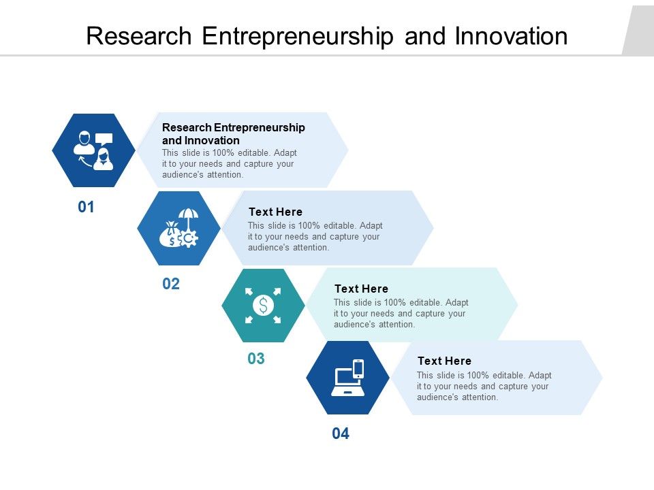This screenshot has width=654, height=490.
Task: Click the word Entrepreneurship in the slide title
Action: tap(298, 36)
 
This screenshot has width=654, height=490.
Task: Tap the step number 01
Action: tap(86, 207)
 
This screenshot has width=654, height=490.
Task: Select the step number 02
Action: tap(171, 284)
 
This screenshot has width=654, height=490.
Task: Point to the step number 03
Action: tap(256, 359)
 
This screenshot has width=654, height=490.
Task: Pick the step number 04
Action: tap(341, 434)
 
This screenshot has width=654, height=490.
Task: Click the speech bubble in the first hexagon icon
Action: tap(104, 138)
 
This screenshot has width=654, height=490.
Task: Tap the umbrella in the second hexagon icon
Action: tap(188, 218)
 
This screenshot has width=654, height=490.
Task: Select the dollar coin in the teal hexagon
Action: tap(263, 306)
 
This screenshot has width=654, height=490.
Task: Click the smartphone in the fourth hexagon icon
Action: tap(358, 368)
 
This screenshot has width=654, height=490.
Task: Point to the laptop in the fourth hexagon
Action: tap(346, 382)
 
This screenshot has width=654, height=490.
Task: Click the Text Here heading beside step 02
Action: tap(275, 212)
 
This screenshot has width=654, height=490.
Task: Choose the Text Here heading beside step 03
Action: tap(361, 289)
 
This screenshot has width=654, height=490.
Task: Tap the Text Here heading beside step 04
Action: tap(444, 361)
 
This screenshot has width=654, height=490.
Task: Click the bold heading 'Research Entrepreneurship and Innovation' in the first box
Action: tap(233, 134)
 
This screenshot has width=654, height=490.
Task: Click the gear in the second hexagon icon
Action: tap(189, 238)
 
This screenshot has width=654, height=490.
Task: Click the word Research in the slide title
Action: tap(140, 36)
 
